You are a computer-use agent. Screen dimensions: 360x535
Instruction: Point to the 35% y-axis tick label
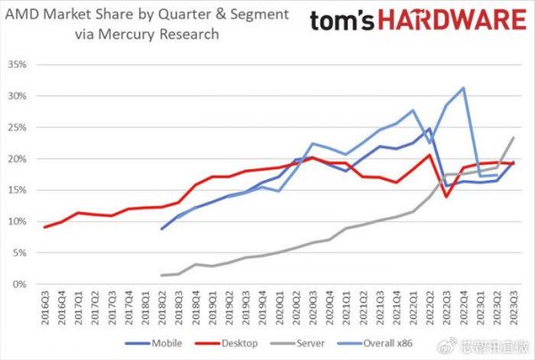[x=19, y=65]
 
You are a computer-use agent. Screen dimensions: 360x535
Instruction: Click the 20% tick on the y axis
[x=19, y=159]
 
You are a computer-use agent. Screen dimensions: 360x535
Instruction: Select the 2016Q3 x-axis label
[x=45, y=307]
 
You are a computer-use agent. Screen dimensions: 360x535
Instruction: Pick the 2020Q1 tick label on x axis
[x=279, y=307]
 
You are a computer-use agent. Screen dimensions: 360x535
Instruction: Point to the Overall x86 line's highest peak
[x=463, y=88]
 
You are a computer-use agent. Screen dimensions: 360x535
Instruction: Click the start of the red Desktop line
[x=45, y=227]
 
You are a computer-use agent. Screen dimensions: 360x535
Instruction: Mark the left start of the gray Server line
[x=162, y=275]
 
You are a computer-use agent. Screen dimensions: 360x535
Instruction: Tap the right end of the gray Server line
[x=513, y=138]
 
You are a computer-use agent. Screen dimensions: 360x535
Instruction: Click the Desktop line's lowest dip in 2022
[x=446, y=196]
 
